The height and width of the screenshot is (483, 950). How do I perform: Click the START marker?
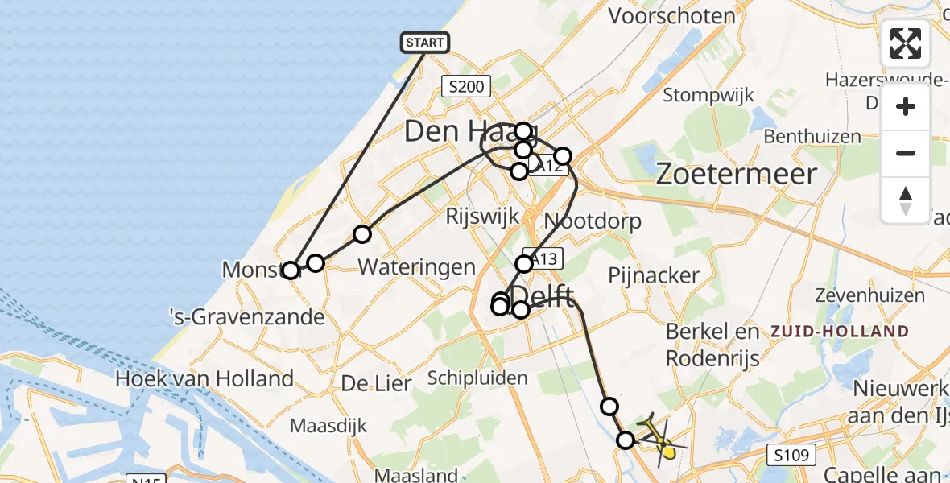click(x=424, y=42)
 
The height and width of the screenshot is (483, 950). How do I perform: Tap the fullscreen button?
click(x=906, y=43)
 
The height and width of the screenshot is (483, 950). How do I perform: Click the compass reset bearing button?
click(x=906, y=200)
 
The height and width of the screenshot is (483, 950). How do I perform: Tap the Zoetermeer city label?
click(x=737, y=174)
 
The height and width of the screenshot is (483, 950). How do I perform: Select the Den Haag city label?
click(x=459, y=130)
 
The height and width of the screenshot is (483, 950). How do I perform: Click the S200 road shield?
click(x=466, y=86)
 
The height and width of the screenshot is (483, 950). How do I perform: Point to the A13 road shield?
click(x=544, y=258)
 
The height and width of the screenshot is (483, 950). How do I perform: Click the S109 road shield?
click(x=791, y=454)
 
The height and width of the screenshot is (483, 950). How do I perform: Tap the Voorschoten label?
click(x=672, y=15)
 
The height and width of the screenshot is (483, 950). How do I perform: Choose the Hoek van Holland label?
click(x=204, y=378)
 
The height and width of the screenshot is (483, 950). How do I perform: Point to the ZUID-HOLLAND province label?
click(x=841, y=331)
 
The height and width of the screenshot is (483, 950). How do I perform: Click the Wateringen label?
click(x=416, y=267)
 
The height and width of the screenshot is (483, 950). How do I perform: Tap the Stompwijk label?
click(x=702, y=95)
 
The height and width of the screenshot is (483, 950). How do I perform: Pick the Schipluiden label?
click(x=478, y=378)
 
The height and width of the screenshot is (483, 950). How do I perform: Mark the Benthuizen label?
click(x=813, y=136)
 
